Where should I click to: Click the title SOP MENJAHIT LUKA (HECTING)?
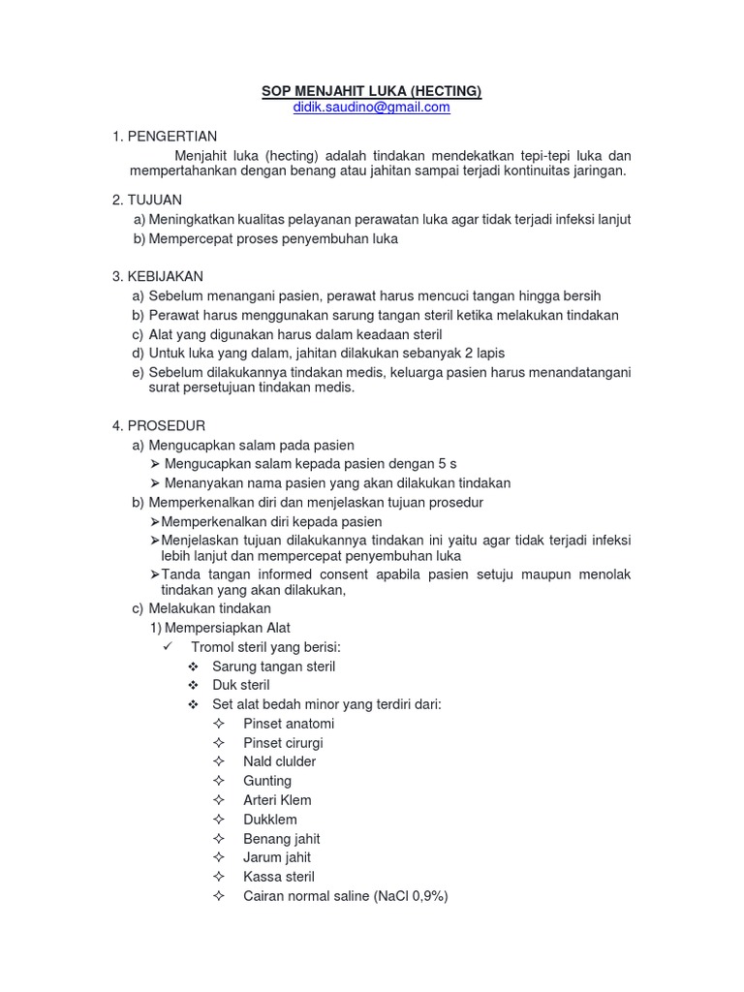click(x=371, y=91)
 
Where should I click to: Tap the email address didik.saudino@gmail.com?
click(x=371, y=108)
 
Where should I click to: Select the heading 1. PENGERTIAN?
click(x=165, y=137)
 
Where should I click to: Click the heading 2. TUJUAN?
click(x=147, y=200)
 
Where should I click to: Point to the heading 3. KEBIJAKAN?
click(x=158, y=276)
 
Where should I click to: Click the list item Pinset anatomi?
click(x=289, y=724)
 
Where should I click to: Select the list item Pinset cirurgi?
click(x=283, y=743)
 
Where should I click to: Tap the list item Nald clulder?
click(x=279, y=761)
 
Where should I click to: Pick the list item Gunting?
click(x=266, y=781)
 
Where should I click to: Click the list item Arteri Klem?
click(x=277, y=800)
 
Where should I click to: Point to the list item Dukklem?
click(x=270, y=820)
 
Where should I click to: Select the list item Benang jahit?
click(x=281, y=839)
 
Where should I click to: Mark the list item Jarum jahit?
click(x=277, y=857)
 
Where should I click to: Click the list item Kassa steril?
click(x=278, y=877)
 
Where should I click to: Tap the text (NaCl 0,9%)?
click(x=412, y=896)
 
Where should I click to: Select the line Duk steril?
click(x=240, y=685)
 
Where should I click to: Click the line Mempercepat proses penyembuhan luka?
click(x=273, y=238)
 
